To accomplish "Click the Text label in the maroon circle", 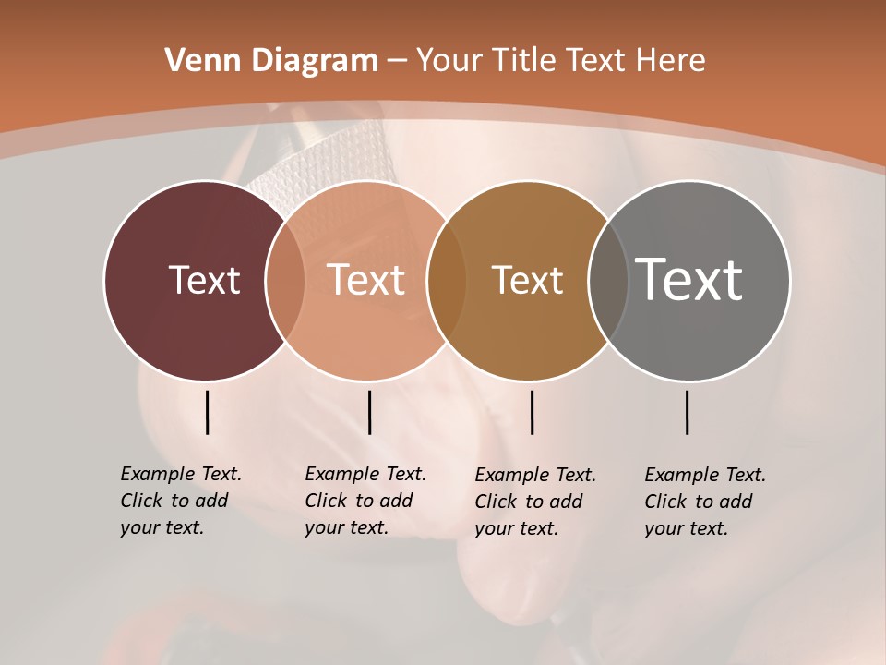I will coord(204,280).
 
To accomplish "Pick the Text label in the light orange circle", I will coord(365,280).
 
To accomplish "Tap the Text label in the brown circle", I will coord(527,280).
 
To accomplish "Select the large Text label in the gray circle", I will coord(689,280).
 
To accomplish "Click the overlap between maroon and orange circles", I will coord(285,280).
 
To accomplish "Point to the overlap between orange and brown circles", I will coord(447,280).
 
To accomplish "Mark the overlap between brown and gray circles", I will coord(608,280).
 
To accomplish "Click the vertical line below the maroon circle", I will coord(207,412).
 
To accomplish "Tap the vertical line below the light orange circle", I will coord(369,412).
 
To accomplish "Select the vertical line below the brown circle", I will coord(532,412).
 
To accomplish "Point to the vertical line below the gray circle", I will coord(687,412).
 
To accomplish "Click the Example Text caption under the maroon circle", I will coord(180,501).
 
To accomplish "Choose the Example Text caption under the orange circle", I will coord(365,501).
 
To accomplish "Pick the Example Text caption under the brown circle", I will coord(534,502).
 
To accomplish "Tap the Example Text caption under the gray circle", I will coord(704,502).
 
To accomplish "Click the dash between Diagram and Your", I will coord(397,61).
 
